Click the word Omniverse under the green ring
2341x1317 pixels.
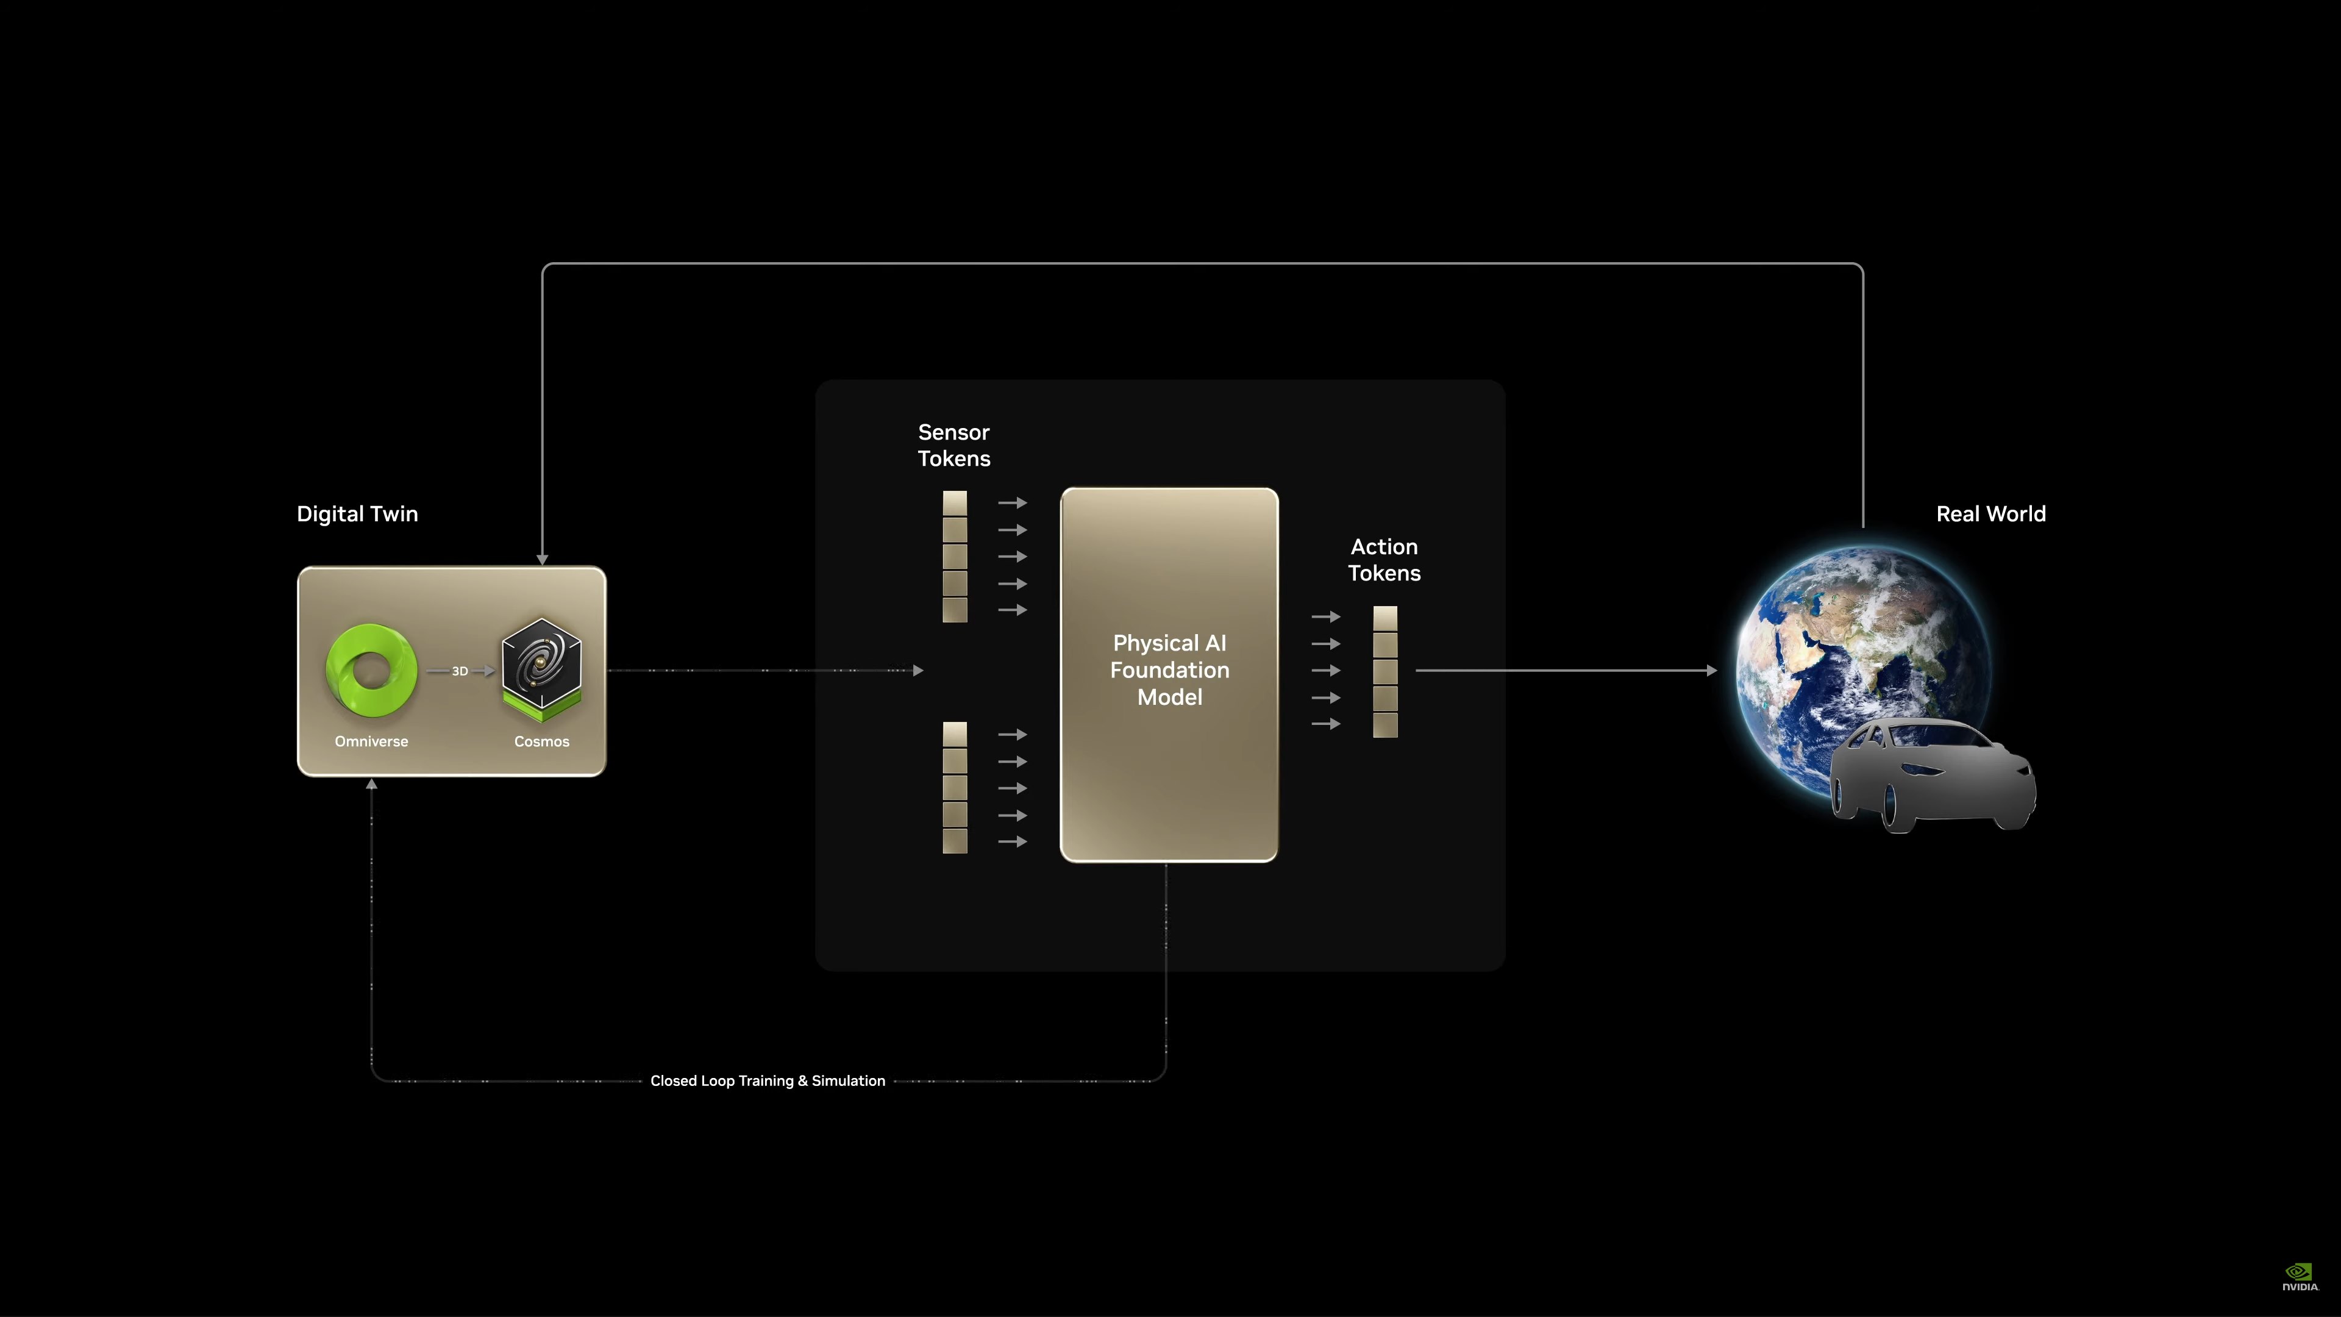click(371, 741)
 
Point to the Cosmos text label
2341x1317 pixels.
click(541, 741)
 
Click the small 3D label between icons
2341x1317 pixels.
click(460, 671)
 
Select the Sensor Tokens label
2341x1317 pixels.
click(953, 445)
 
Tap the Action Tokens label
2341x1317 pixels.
click(1384, 560)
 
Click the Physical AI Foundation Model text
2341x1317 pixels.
click(1170, 670)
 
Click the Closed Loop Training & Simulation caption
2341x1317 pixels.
click(768, 1080)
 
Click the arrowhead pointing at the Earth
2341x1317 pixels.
click(1712, 671)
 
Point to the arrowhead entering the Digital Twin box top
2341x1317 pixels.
click(543, 560)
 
